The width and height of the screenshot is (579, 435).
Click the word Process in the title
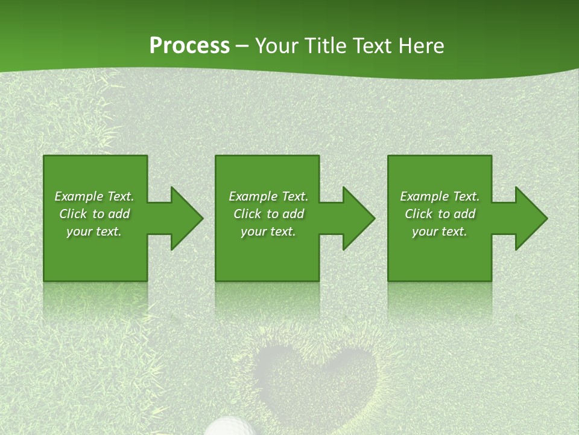click(x=189, y=46)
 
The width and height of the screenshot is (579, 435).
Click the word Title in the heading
click(x=324, y=46)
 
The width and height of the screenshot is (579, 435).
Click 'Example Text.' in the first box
click(x=94, y=196)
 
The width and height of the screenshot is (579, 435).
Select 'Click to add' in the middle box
click(x=268, y=214)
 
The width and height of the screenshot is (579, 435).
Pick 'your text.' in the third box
click(x=440, y=231)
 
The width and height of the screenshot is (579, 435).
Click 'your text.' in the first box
click(x=94, y=231)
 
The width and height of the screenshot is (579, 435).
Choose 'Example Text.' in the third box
click(x=440, y=196)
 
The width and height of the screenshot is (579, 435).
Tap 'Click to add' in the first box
click(x=94, y=214)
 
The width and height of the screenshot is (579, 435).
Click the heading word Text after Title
click(x=373, y=46)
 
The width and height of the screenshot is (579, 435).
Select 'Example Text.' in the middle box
click(x=268, y=196)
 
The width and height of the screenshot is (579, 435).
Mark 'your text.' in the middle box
click(x=268, y=231)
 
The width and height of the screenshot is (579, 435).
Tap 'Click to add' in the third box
click(x=440, y=214)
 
